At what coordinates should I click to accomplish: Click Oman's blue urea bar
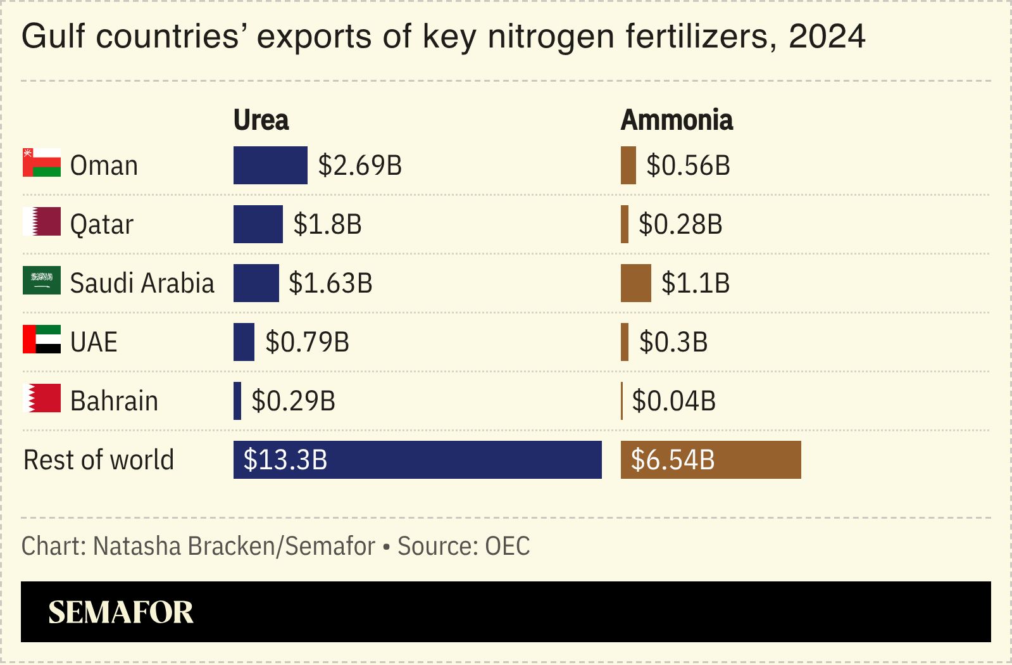(270, 165)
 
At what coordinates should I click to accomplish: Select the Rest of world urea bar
(417, 460)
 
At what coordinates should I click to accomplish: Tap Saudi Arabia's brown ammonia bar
(635, 283)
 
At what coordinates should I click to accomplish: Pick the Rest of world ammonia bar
(710, 460)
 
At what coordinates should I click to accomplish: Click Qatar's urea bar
(258, 224)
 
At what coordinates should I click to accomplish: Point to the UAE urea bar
(244, 342)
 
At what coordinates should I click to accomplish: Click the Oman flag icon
(42, 163)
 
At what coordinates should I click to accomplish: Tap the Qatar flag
(42, 222)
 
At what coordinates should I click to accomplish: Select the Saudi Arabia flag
(42, 281)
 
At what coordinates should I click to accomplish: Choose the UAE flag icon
(42, 339)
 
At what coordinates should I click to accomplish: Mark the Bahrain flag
(42, 398)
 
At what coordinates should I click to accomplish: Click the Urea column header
(261, 120)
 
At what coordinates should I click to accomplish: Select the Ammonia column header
(677, 120)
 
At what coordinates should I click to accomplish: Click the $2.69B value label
(359, 165)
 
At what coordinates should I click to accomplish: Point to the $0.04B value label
(673, 401)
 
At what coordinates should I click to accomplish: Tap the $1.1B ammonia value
(695, 283)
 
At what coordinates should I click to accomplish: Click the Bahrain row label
(114, 401)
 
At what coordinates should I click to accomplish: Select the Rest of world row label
(99, 460)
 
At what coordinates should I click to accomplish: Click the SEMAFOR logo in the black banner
(121, 612)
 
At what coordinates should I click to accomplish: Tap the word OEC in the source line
(507, 546)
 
